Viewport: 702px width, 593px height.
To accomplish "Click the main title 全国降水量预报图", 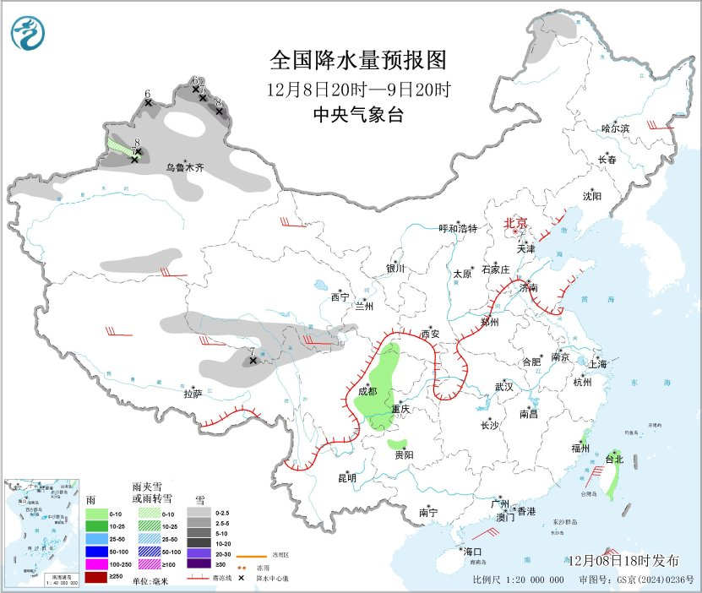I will (x=357, y=62).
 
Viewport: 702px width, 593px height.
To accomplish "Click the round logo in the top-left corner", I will (x=30, y=33).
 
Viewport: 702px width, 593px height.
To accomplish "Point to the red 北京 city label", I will (x=515, y=223).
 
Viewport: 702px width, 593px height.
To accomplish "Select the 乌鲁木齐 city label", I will (x=185, y=168).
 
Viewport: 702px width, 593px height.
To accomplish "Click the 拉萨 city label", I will (x=193, y=393).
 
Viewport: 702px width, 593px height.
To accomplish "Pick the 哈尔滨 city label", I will (x=616, y=128).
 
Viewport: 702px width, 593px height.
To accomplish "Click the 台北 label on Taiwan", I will (x=614, y=460).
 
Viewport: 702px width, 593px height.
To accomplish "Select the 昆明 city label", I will (x=347, y=478).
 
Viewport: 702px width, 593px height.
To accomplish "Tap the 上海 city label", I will (x=597, y=365).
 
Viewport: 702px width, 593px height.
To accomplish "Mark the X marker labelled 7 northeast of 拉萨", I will (x=252, y=361).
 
